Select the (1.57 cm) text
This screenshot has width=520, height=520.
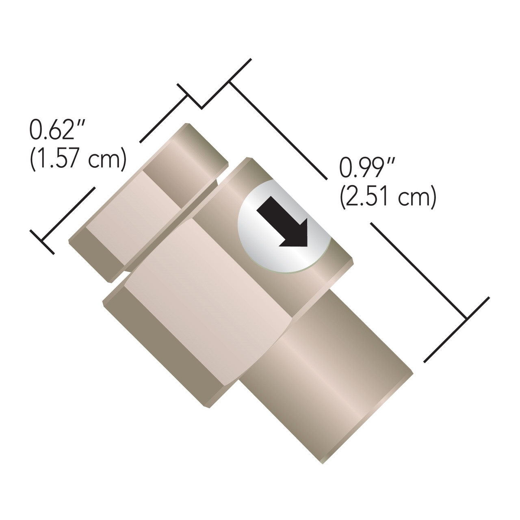pyautogui.click(x=77, y=160)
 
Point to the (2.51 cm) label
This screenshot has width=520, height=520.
pyautogui.click(x=388, y=198)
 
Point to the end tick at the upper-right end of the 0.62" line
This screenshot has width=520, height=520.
pyautogui.click(x=189, y=96)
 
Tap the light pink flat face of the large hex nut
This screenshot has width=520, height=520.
pyautogui.click(x=207, y=301)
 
